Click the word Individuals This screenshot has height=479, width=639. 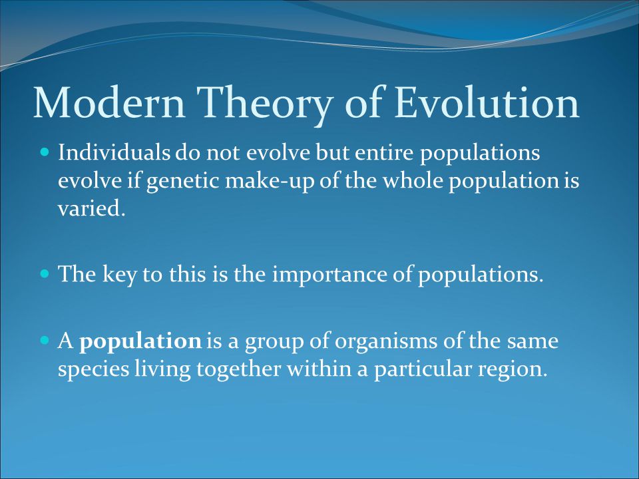(114, 152)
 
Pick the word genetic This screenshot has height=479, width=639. (184, 182)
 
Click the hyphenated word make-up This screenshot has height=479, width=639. (270, 182)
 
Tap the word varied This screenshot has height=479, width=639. (91, 208)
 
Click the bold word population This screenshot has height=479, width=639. (140, 342)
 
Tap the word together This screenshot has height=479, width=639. (239, 370)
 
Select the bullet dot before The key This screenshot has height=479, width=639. (45, 273)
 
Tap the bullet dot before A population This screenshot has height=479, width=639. (45, 340)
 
